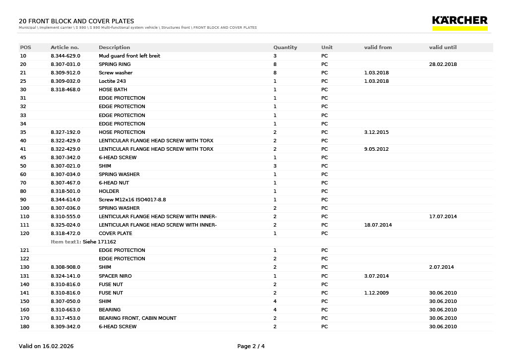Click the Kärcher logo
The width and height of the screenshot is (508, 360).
tap(460, 22)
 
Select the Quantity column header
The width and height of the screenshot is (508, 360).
tap(285, 48)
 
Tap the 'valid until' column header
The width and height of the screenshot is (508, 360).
tap(443, 48)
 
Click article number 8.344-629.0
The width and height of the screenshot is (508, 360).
tap(65, 56)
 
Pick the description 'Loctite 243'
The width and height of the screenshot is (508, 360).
tap(112, 81)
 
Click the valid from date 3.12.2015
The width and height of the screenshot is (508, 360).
tap(376, 132)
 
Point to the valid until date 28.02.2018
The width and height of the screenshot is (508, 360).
tap(443, 64)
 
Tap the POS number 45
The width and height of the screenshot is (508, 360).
tap(23, 158)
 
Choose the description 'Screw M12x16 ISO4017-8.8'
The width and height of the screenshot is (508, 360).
tap(132, 200)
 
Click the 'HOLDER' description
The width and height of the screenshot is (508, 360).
tap(109, 191)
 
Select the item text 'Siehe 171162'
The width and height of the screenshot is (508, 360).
tap(99, 242)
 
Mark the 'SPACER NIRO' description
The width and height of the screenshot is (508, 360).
tap(115, 276)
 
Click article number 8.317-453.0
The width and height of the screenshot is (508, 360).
tap(65, 318)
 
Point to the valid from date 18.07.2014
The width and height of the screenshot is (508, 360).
tap(378, 225)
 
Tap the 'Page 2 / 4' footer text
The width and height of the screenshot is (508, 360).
tap(251, 346)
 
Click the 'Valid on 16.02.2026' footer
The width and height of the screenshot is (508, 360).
tap(46, 346)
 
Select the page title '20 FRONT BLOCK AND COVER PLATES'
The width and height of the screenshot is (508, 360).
tap(76, 21)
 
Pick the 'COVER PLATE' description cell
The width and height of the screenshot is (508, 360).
tap(115, 234)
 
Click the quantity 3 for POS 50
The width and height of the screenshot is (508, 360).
tap(275, 166)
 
